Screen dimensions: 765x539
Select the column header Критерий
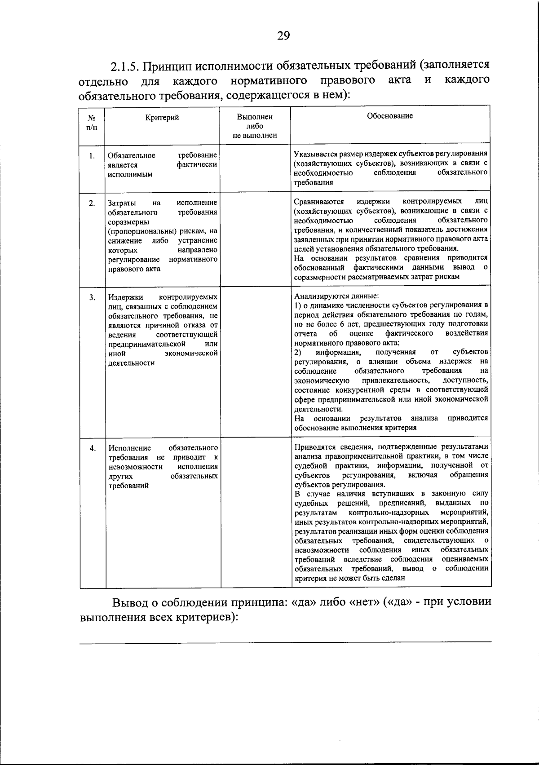pyautogui.click(x=162, y=118)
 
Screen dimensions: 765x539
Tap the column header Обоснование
pyautogui.click(x=389, y=116)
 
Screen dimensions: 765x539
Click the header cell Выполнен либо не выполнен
pyautogui.click(x=255, y=126)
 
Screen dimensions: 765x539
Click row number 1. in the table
pyautogui.click(x=92, y=156)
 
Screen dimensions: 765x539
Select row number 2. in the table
pyautogui.click(x=92, y=203)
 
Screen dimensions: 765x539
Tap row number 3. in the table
pyautogui.click(x=92, y=297)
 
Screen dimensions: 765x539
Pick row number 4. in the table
pyautogui.click(x=92, y=448)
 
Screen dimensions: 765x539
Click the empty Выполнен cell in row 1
pyautogui.click(x=255, y=168)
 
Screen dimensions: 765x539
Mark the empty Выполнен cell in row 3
pyautogui.click(x=255, y=362)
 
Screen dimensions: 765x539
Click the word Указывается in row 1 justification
pyautogui.click(x=314, y=153)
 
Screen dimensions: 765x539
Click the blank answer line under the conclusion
pyautogui.click(x=285, y=641)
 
